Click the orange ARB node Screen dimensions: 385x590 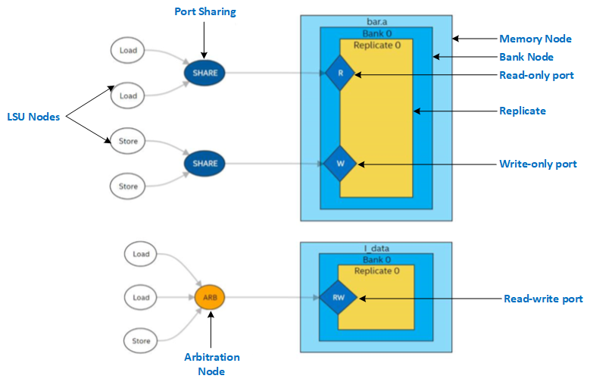(x=210, y=297)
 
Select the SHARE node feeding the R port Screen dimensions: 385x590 (x=204, y=73)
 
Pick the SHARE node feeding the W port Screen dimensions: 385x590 (x=204, y=163)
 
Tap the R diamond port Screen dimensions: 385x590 (x=340, y=74)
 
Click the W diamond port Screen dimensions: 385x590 (x=339, y=163)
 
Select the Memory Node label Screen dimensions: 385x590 (x=535, y=39)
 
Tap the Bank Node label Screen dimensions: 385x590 (x=526, y=57)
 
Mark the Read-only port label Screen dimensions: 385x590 (x=536, y=75)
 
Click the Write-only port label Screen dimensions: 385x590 (x=538, y=164)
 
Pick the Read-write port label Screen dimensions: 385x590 (x=543, y=299)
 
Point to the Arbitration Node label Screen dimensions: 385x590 (x=211, y=364)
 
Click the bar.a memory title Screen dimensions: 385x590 (x=376, y=22)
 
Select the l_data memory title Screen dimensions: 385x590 (x=376, y=249)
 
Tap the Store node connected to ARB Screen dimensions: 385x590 (x=142, y=340)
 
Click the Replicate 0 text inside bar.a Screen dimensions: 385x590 (x=376, y=45)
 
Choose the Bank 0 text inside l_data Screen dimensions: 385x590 (x=376, y=260)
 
